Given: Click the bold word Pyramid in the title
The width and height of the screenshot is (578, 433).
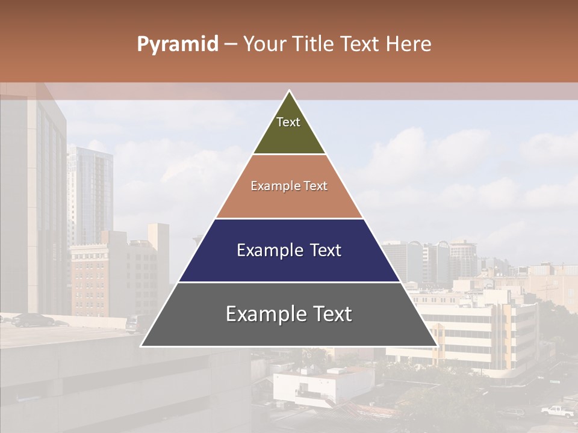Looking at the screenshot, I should [x=178, y=44].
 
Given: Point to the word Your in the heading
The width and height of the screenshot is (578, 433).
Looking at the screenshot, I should [x=264, y=44].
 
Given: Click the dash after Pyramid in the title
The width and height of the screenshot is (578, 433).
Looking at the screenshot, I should [x=231, y=45].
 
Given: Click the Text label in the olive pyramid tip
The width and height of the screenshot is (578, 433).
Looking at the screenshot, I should [x=288, y=122].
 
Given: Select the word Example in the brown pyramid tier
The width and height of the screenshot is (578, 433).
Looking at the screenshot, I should [x=269, y=186].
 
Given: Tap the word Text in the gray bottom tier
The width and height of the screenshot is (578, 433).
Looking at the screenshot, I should [x=329, y=314].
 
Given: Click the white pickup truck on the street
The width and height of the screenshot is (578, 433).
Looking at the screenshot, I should [x=557, y=411].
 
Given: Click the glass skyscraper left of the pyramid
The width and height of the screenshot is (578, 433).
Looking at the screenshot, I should [x=90, y=192].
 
